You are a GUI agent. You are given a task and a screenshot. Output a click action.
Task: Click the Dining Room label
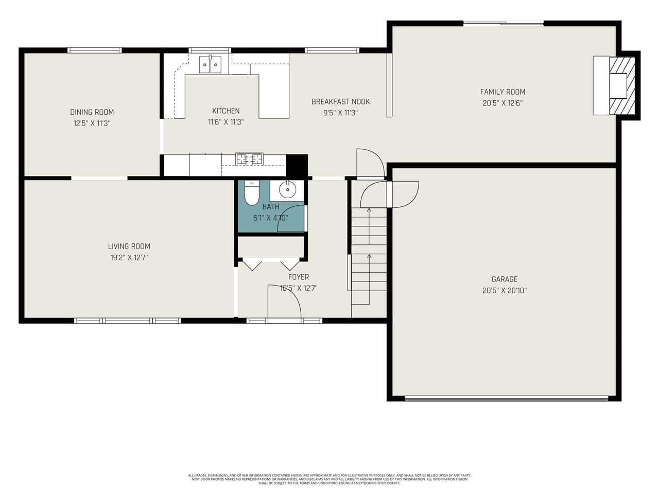(92, 112)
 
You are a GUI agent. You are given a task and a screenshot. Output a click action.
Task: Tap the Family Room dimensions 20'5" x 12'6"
(502, 103)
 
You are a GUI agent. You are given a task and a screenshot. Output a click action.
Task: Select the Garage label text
(504, 279)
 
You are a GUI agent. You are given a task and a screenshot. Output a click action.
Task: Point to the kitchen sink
(210, 65)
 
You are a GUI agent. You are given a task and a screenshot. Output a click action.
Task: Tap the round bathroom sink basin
(287, 190)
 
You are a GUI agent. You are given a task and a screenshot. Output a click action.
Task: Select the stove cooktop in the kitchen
(249, 160)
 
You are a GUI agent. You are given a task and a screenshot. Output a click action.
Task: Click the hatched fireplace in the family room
(622, 85)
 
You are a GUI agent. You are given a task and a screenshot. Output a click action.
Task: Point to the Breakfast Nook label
(340, 102)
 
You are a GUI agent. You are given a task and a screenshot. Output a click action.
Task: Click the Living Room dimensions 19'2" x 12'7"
(129, 257)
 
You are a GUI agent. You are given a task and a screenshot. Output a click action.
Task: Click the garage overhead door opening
(507, 398)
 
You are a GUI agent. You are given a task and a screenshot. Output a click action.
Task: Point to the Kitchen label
(226, 111)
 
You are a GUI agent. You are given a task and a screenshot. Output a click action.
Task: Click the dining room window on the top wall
(95, 50)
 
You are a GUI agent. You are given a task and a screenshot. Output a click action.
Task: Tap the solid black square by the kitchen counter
(297, 165)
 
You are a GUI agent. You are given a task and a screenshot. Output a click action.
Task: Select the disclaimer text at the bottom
(329, 479)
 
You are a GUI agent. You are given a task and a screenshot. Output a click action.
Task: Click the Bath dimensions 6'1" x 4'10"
(270, 218)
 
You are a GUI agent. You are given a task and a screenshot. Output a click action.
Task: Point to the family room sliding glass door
(503, 23)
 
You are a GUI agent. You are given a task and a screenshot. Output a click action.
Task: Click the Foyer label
(299, 277)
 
